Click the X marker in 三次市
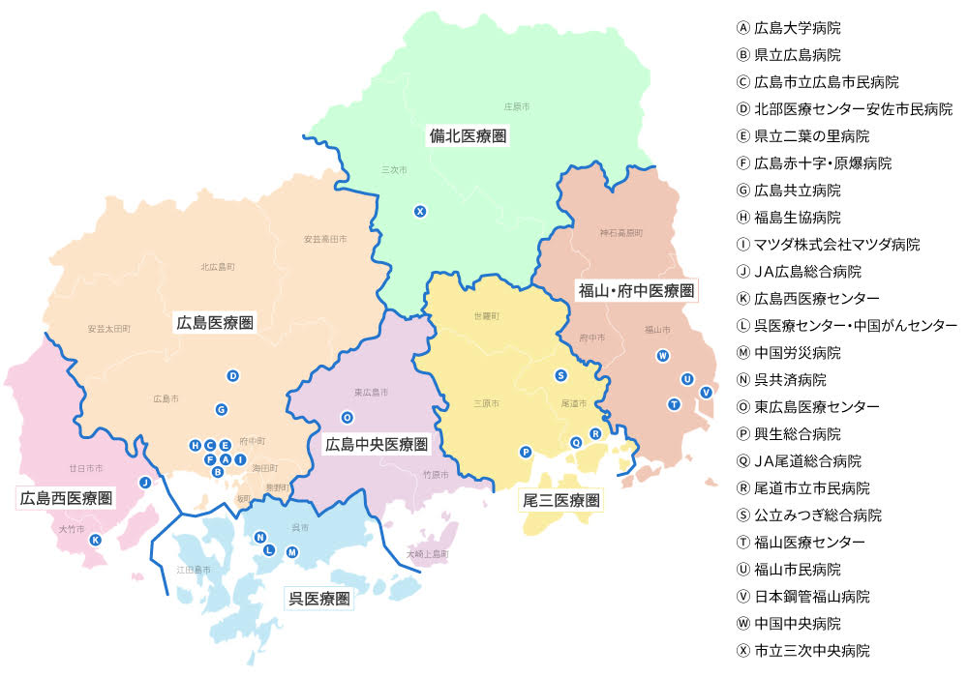pos(420,211)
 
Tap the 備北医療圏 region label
pos(469,135)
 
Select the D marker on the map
pos(232,375)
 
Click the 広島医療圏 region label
pos(215,322)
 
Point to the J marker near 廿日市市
pos(144,482)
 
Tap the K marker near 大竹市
pos(95,540)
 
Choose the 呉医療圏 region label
pos(319,599)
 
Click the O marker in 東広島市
pos(347,417)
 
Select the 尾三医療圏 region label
pos(561,500)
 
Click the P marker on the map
pos(526,452)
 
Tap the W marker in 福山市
pos(663,355)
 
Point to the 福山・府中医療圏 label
pos(636,289)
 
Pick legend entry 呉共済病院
pos(790,379)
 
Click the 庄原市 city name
pos(517,105)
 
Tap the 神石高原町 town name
pos(621,233)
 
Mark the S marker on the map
pos(560,374)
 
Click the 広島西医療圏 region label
pos(66,498)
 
